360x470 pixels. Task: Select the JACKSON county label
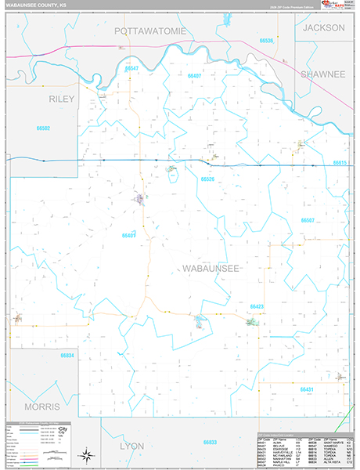tap(324, 27)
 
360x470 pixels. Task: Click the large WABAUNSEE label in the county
tap(210, 269)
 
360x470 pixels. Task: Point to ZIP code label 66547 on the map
tap(131, 69)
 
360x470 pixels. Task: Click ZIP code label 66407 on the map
tap(195, 75)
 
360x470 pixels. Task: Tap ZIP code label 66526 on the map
tap(207, 179)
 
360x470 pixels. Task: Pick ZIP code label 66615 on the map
tap(339, 163)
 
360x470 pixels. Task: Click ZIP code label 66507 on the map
tap(308, 220)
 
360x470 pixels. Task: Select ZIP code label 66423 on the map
tap(257, 305)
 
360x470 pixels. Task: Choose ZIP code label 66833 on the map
tap(210, 443)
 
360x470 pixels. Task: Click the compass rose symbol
tap(88, 454)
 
